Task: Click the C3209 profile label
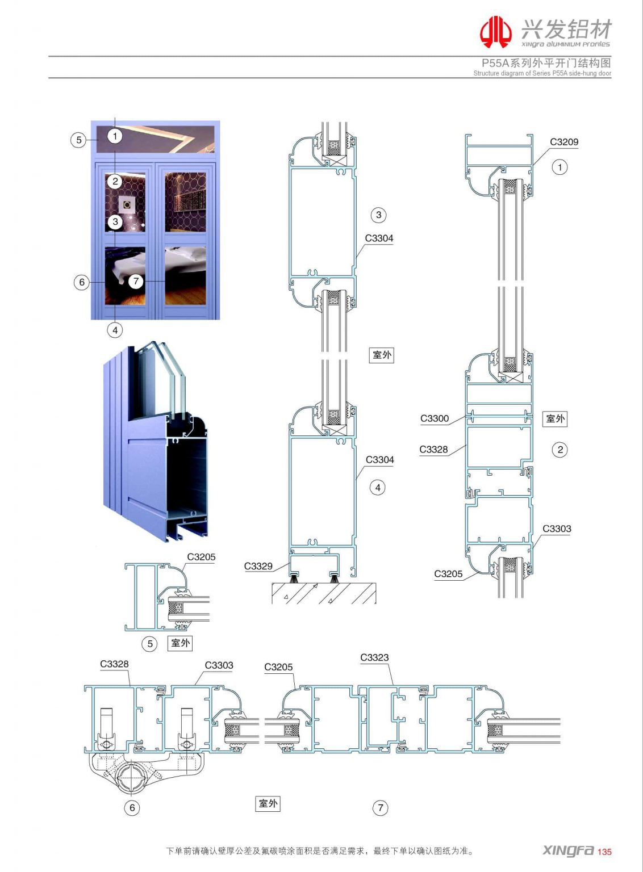tap(563, 142)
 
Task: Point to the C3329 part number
tap(258, 566)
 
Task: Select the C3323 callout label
tap(374, 657)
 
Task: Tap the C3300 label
tap(434, 418)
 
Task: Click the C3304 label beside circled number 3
tap(379, 238)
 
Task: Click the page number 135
tap(604, 852)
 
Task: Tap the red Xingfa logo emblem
tap(495, 32)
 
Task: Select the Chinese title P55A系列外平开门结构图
tap(546, 63)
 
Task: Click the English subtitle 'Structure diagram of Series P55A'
tap(542, 73)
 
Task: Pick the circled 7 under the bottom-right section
tap(380, 807)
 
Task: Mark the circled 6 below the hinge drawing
tap(132, 807)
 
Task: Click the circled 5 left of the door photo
tap(79, 140)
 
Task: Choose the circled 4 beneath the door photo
tap(115, 330)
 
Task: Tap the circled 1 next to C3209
tap(560, 167)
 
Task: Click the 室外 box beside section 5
tap(181, 643)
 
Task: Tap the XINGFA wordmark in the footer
tap(568, 850)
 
